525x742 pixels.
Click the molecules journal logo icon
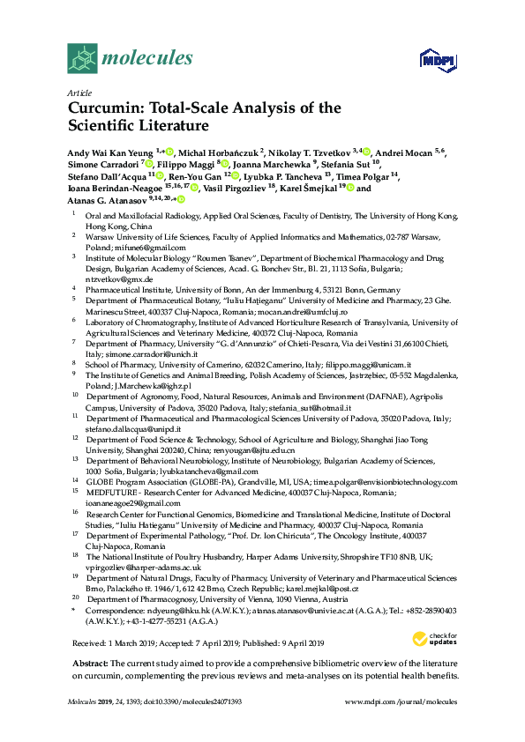click(x=82, y=58)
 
